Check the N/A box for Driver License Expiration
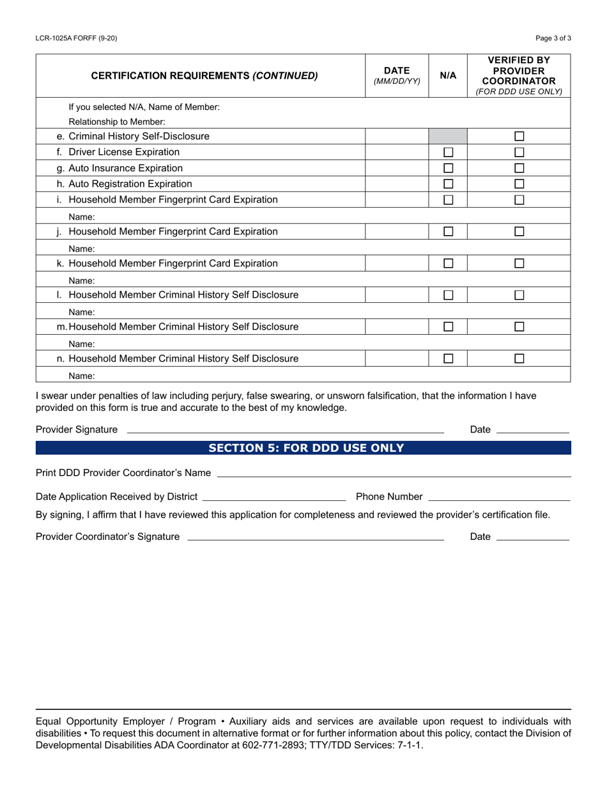pyautogui.click(x=449, y=152)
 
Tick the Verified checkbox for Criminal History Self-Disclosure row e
pyautogui.click(x=519, y=136)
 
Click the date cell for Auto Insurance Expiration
pyautogui.click(x=397, y=168)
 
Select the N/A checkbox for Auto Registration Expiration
pyautogui.click(x=449, y=184)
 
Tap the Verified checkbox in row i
pyautogui.click(x=519, y=200)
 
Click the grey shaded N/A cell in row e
pyautogui.click(x=449, y=136)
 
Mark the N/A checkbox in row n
pyautogui.click(x=449, y=358)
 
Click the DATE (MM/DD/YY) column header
pyautogui.click(x=397, y=75)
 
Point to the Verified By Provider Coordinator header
pyautogui.click(x=519, y=75)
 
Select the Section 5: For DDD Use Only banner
pyautogui.click(x=303, y=448)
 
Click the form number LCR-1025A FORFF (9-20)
pyautogui.click(x=77, y=38)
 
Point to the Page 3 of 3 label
pyautogui.click(x=553, y=38)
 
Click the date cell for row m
pyautogui.click(x=397, y=327)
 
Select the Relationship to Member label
pyautogui.click(x=117, y=121)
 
